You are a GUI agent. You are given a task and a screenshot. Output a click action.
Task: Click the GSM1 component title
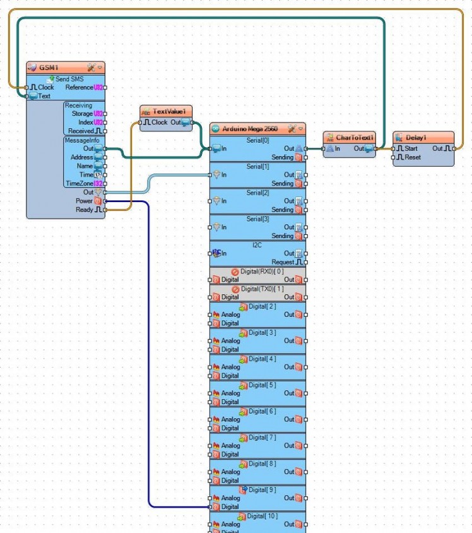click(x=49, y=67)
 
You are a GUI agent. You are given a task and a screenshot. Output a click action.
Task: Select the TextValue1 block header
click(x=169, y=112)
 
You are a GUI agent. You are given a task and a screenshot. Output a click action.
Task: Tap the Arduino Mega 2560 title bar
click(x=249, y=129)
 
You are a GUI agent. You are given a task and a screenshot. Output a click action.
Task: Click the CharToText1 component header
click(x=355, y=137)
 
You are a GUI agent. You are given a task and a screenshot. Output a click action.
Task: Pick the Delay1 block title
click(x=416, y=137)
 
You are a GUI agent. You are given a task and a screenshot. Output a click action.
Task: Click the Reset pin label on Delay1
click(x=412, y=157)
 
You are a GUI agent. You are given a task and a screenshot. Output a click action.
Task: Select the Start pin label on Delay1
click(x=411, y=148)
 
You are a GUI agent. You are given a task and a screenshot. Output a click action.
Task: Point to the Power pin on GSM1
click(x=84, y=201)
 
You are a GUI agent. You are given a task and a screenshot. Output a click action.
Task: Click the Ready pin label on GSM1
click(x=84, y=210)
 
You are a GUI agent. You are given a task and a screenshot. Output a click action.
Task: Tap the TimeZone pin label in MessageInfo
click(x=78, y=183)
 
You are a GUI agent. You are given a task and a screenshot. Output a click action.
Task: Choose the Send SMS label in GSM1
click(x=69, y=79)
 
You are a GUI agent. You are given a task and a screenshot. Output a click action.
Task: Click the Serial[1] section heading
click(x=257, y=166)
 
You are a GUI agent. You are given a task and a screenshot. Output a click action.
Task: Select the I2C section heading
click(x=257, y=244)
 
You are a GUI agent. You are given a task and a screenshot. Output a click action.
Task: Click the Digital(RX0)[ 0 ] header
click(x=262, y=271)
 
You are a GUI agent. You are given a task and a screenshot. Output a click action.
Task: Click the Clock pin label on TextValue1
click(x=159, y=123)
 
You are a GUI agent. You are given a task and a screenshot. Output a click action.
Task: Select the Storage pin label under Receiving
click(x=82, y=114)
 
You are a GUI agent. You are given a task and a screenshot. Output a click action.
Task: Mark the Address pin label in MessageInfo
click(x=82, y=157)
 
